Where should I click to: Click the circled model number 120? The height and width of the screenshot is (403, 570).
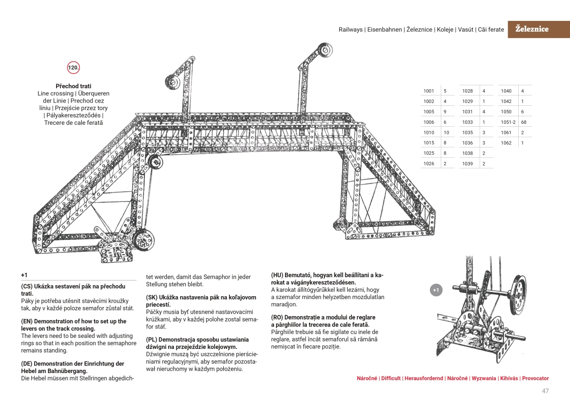click(x=74, y=68)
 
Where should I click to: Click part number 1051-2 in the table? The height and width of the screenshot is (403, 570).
click(x=508, y=122)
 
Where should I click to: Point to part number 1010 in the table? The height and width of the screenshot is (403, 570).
click(x=429, y=132)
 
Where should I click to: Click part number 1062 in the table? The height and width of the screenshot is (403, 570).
click(x=506, y=142)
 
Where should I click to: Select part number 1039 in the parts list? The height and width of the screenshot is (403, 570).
click(x=467, y=163)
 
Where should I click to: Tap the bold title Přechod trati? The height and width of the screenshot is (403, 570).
click(x=74, y=86)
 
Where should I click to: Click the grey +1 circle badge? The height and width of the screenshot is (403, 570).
click(x=437, y=290)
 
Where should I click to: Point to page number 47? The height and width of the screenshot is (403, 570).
click(x=545, y=391)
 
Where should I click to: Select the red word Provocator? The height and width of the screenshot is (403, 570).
click(x=535, y=378)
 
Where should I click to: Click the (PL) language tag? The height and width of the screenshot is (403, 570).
click(x=152, y=339)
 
